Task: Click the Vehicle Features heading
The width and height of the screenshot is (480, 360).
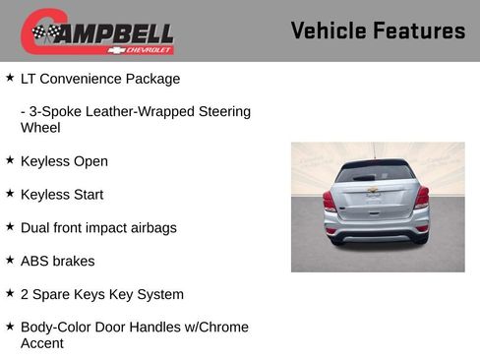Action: point(378,31)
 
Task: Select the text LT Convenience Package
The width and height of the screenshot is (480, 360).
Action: point(100,79)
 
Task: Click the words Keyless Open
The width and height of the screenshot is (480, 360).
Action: point(64,161)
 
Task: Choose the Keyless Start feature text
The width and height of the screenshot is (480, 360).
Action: point(61,195)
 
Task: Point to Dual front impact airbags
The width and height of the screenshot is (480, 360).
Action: point(98,228)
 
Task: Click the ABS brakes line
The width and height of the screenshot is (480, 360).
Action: point(58,262)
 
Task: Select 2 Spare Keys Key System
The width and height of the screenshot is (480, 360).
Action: point(101,294)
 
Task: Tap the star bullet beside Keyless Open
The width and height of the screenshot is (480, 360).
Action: point(10,159)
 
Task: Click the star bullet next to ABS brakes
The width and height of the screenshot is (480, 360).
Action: point(10,260)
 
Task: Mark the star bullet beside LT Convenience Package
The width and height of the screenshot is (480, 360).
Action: point(10,77)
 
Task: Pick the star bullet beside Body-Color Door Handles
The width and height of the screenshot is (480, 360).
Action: point(10,326)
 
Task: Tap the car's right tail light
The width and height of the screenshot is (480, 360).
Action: point(422,197)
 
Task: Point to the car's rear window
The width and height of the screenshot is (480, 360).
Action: point(375,173)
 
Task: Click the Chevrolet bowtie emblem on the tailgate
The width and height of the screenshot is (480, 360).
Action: point(373,190)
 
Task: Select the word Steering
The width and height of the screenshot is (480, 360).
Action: point(223,112)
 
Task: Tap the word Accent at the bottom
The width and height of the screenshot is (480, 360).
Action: point(42,343)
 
